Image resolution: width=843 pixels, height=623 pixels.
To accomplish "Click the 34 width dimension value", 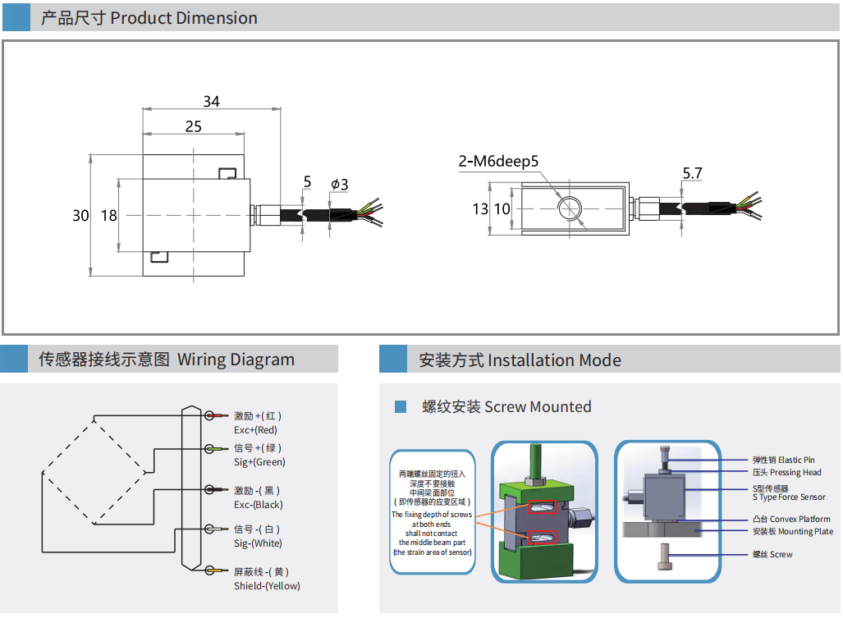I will (x=211, y=102).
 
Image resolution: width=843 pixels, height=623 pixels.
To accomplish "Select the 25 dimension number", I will (x=193, y=126).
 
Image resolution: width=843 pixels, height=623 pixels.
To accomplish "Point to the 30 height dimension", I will (x=80, y=216).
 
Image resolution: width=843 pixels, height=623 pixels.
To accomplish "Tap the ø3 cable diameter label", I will (x=339, y=185).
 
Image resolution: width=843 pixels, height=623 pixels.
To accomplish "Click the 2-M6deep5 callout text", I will (x=498, y=161).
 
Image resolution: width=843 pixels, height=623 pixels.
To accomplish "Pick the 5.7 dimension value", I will (x=693, y=173).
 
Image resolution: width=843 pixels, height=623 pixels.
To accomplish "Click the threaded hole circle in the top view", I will (x=568, y=208).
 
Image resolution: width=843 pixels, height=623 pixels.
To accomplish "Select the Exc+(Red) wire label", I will (x=256, y=430).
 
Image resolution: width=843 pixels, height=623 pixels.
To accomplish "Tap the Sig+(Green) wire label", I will (x=259, y=462).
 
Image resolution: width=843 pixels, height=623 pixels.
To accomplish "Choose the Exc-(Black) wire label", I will (x=259, y=505).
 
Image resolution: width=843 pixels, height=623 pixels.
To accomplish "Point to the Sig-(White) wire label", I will (x=258, y=543).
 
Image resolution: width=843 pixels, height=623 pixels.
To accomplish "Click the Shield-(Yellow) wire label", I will (x=267, y=586).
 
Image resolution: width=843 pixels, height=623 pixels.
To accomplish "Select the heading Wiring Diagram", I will (x=236, y=360).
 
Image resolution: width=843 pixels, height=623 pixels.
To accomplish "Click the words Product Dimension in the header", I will (x=183, y=18).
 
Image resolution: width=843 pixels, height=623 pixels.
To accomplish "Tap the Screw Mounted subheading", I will (x=538, y=407).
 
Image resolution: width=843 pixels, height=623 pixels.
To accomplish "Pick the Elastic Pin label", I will (x=796, y=460).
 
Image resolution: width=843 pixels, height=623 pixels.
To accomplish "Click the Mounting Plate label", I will (x=804, y=532).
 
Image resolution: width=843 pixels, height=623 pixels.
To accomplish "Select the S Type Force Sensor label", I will (x=789, y=497).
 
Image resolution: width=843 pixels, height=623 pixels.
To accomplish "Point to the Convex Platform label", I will (x=804, y=519).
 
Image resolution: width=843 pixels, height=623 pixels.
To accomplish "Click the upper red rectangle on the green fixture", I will (x=543, y=509).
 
